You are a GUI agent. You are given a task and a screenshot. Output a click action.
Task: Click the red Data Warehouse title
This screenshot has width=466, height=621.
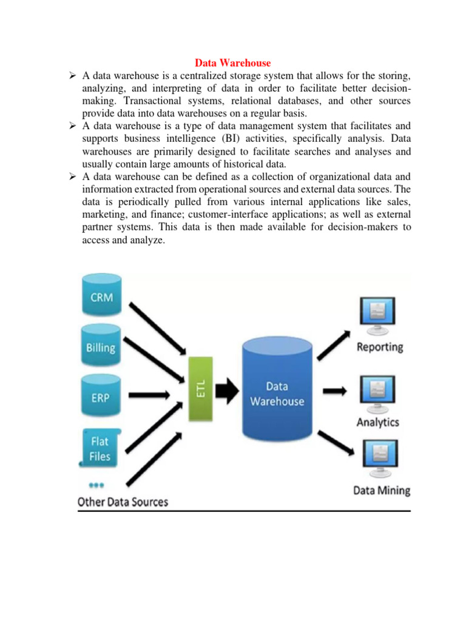point(232,63)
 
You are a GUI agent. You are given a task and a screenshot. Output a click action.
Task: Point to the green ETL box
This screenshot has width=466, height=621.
point(201,389)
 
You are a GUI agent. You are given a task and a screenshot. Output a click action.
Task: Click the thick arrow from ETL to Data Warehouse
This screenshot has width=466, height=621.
point(228,391)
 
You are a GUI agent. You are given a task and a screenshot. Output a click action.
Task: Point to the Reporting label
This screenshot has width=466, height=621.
point(380,347)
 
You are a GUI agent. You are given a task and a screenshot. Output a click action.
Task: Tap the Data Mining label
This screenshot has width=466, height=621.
point(382,490)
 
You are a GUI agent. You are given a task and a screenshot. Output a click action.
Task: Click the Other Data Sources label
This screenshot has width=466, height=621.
point(123,502)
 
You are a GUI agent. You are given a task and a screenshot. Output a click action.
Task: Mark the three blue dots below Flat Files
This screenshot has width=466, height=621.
point(97,485)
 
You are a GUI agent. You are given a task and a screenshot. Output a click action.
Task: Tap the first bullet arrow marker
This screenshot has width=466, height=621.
point(71,76)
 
